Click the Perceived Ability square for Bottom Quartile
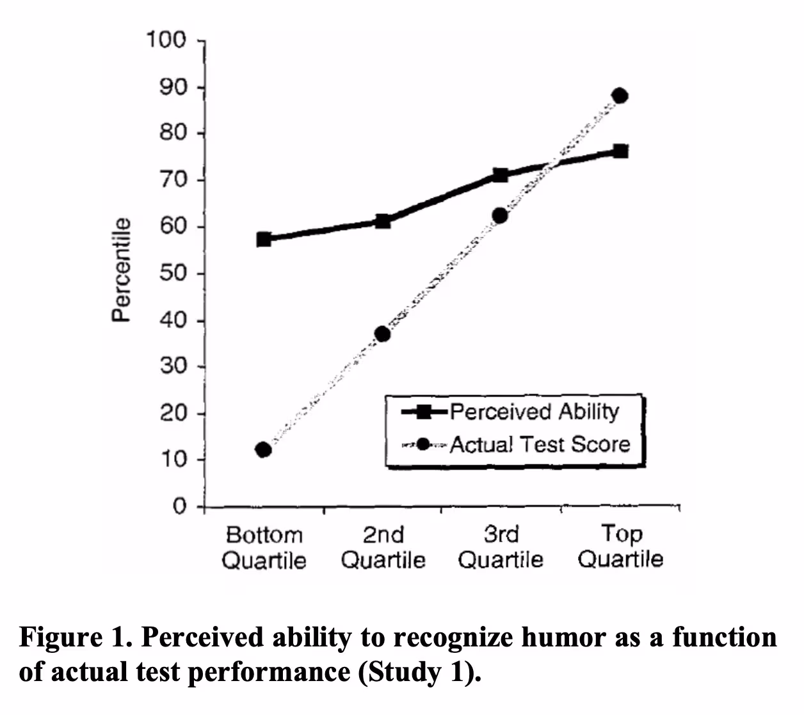coord(264,239)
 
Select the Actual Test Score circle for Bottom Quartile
coord(263,450)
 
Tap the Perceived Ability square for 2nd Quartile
coord(383,221)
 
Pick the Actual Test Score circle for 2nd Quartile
coord(382,334)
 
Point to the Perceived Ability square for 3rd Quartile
coord(501,175)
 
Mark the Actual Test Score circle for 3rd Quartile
coord(500,216)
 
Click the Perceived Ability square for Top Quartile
coord(620,151)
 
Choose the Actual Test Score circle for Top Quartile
coord(620,95)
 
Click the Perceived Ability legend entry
coord(534,411)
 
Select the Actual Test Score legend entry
coord(540,444)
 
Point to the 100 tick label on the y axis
coord(166,40)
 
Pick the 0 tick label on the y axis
coord(179,506)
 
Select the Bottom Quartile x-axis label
coord(264,547)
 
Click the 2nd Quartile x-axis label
coord(383,547)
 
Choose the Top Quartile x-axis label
coord(620,546)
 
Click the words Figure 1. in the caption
coord(75,637)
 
